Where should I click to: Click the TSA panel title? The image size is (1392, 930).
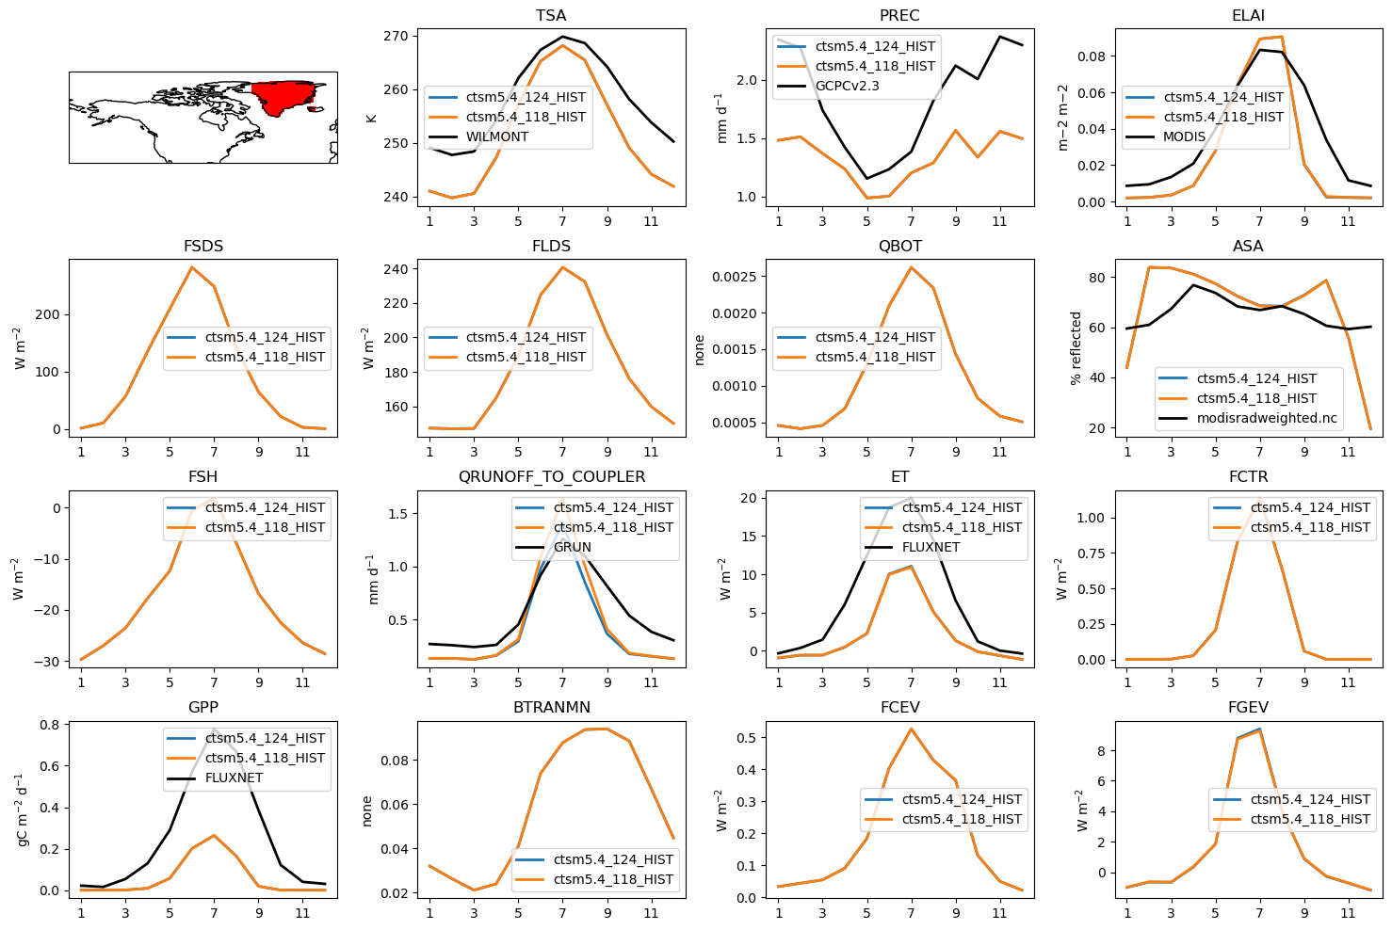551,15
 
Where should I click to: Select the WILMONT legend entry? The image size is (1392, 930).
496,136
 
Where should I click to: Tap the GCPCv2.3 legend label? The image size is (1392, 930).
847,86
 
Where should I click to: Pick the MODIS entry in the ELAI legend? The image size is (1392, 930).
1184,136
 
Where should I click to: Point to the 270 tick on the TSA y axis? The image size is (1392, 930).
396,36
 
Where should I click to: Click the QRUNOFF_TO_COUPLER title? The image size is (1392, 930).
551,476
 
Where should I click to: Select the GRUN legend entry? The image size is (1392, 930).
572,547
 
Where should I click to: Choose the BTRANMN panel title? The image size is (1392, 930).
551,707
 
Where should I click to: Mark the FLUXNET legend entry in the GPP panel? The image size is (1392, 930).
234,778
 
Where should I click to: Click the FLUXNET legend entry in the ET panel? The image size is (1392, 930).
931,547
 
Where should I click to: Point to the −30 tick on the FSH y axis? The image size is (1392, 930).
46,662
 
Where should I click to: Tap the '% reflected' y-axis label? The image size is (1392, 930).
1076,348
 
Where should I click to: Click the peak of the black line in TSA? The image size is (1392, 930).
562,37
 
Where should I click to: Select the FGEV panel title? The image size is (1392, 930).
1248,707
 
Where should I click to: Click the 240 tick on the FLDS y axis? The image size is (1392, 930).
396,269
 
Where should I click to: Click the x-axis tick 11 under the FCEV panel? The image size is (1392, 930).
999,913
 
